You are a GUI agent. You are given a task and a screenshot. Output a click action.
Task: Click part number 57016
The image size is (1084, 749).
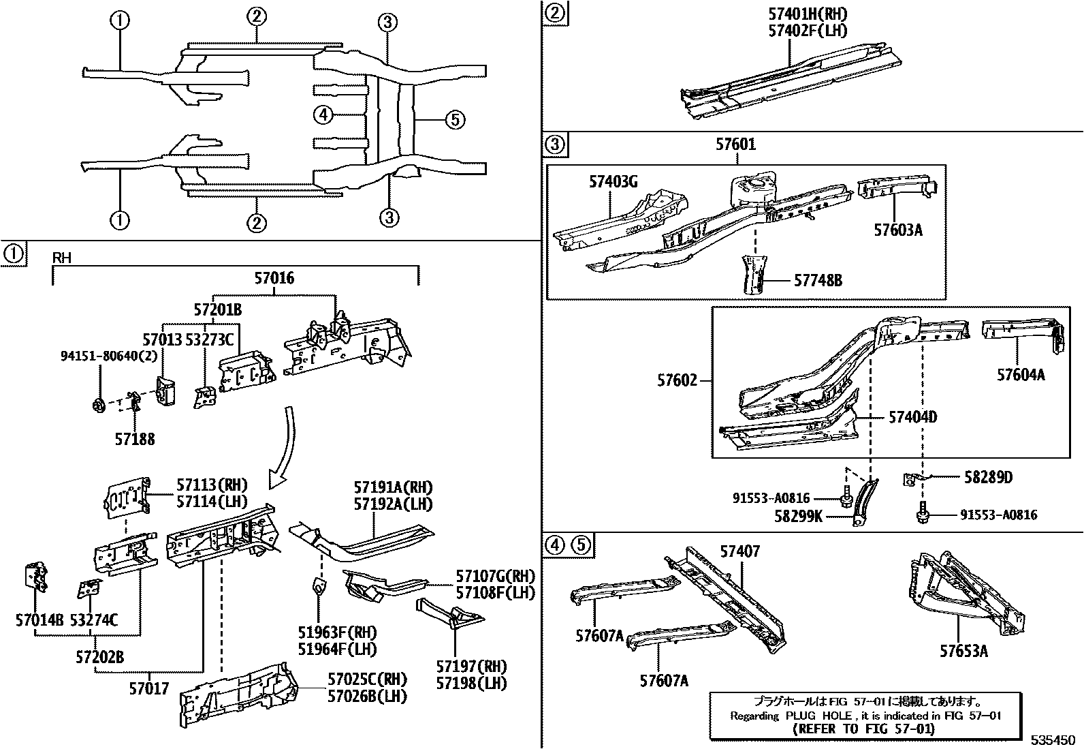(x=274, y=278)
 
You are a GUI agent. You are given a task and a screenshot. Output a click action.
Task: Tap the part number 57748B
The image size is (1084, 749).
(x=818, y=280)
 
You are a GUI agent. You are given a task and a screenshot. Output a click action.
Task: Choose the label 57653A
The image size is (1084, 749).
(x=963, y=651)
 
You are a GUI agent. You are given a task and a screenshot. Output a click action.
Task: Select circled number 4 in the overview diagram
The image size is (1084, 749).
(x=323, y=114)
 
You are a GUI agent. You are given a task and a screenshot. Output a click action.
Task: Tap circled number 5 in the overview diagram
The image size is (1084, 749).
(x=455, y=120)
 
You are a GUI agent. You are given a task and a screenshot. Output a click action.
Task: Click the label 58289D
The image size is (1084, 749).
(x=988, y=477)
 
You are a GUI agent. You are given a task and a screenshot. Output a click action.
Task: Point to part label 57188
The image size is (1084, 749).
(x=134, y=440)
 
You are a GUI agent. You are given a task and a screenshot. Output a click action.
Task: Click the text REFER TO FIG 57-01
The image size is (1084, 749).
(x=864, y=729)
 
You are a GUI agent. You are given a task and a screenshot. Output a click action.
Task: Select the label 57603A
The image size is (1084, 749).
(x=898, y=230)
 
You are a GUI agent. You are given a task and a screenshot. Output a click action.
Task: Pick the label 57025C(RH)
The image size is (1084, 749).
(x=367, y=679)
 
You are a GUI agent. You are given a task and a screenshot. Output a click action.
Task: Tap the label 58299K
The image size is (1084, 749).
(x=798, y=517)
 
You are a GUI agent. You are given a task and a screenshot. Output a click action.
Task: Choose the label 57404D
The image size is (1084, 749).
(x=912, y=417)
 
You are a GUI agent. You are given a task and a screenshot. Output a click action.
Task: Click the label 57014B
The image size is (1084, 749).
(x=39, y=620)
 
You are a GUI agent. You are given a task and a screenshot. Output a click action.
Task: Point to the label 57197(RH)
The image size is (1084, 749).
(x=472, y=666)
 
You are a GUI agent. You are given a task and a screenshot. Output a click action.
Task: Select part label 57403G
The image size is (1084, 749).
(x=613, y=181)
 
